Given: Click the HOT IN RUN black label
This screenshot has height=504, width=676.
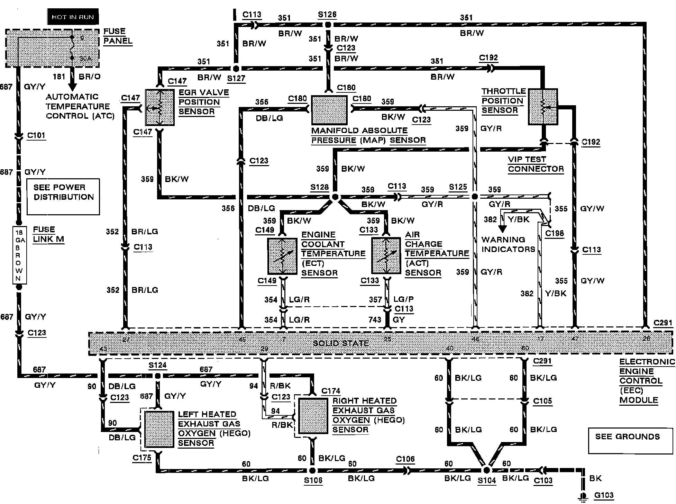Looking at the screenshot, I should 73,17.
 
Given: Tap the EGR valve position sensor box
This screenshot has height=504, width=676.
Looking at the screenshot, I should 159,107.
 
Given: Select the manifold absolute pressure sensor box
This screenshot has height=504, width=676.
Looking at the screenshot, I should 329,110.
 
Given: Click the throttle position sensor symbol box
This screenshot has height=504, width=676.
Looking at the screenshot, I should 543,107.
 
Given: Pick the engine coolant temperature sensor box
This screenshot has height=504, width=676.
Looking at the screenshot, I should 282,256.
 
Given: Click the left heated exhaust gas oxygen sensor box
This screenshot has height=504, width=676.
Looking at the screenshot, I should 159,430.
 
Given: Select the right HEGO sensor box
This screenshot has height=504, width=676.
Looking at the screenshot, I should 313,416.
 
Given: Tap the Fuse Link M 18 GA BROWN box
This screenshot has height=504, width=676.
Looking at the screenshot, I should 19,255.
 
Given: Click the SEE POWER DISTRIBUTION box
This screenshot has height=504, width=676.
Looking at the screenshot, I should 63,196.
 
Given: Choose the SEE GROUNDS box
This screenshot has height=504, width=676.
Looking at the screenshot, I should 628,440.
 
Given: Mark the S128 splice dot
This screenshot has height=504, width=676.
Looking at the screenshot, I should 335,197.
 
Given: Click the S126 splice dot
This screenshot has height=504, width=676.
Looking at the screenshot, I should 327,25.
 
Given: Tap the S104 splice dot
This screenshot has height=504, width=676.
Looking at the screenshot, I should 486,470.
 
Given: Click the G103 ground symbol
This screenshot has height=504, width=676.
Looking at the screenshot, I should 584,497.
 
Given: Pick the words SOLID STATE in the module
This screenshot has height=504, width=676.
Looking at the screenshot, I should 340,343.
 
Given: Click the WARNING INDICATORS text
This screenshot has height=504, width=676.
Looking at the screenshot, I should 508,244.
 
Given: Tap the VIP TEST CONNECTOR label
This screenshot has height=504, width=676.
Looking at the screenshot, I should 536,164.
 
